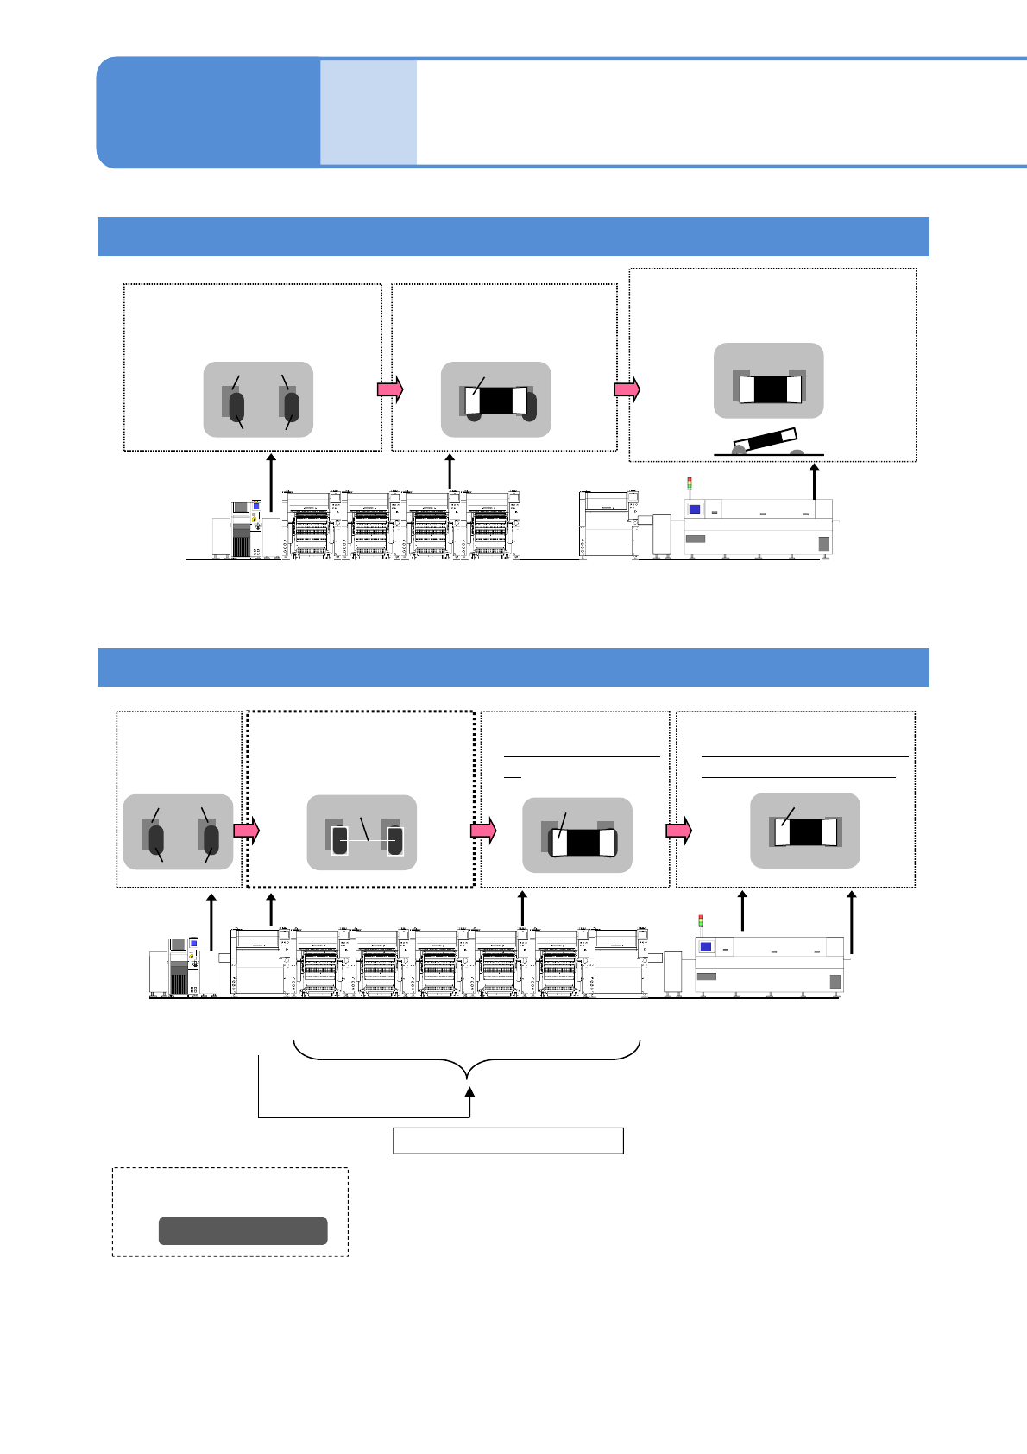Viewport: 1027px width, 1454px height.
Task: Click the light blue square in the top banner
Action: tap(369, 112)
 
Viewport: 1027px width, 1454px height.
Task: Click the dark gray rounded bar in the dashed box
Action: tap(243, 1230)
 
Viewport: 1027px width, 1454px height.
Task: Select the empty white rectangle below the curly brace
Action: tap(507, 1141)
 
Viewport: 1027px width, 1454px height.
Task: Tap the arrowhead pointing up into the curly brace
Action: tap(469, 1092)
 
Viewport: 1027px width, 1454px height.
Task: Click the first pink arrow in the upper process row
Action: tap(390, 389)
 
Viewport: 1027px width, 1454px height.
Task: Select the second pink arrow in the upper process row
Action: tap(627, 389)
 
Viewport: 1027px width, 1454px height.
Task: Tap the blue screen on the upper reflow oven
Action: tap(694, 509)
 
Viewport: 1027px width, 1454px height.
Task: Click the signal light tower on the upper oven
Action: tap(689, 484)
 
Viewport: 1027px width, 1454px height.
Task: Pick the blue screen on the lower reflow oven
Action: tap(705, 947)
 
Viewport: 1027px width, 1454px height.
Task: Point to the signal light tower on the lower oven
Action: tap(700, 921)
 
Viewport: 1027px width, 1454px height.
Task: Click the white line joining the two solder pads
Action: tap(369, 841)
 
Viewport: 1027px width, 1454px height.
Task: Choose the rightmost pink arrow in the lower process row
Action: tap(678, 831)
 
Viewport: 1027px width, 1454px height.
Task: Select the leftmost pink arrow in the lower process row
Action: tap(246, 831)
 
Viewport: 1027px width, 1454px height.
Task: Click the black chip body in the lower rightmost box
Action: tap(805, 832)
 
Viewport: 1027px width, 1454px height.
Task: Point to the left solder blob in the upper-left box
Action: tap(236, 407)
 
